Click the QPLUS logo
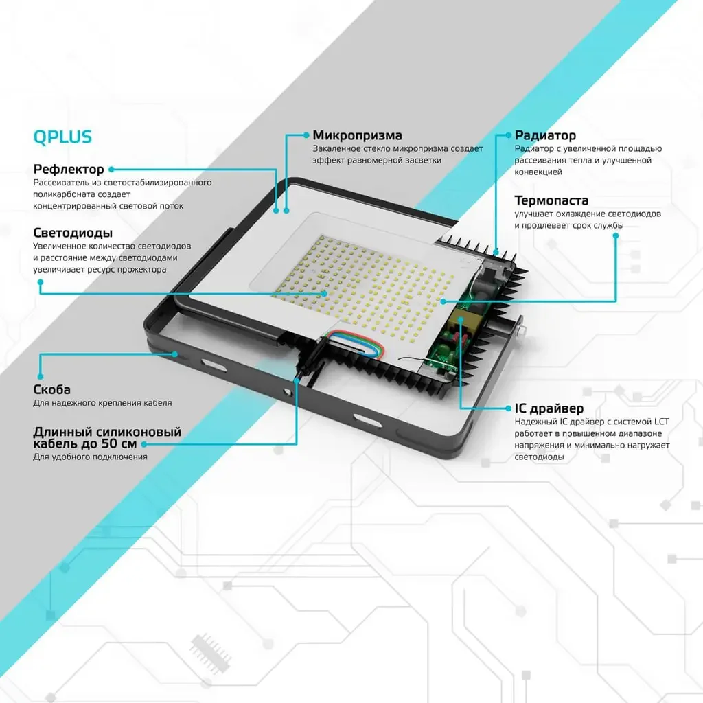click(62, 137)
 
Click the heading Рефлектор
click(69, 169)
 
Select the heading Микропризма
click(357, 135)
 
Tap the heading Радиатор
click(545, 135)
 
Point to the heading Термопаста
click(551, 200)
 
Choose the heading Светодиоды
click(73, 233)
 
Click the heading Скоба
click(51, 389)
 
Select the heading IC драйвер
click(549, 408)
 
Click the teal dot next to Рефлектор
click(111, 170)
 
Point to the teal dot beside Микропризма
click(306, 135)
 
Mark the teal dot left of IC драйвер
click(508, 408)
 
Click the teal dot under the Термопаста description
click(616, 236)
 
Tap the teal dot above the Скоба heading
click(41, 377)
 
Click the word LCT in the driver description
click(661, 422)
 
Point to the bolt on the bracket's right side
click(521, 332)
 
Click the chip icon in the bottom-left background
click(210, 654)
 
